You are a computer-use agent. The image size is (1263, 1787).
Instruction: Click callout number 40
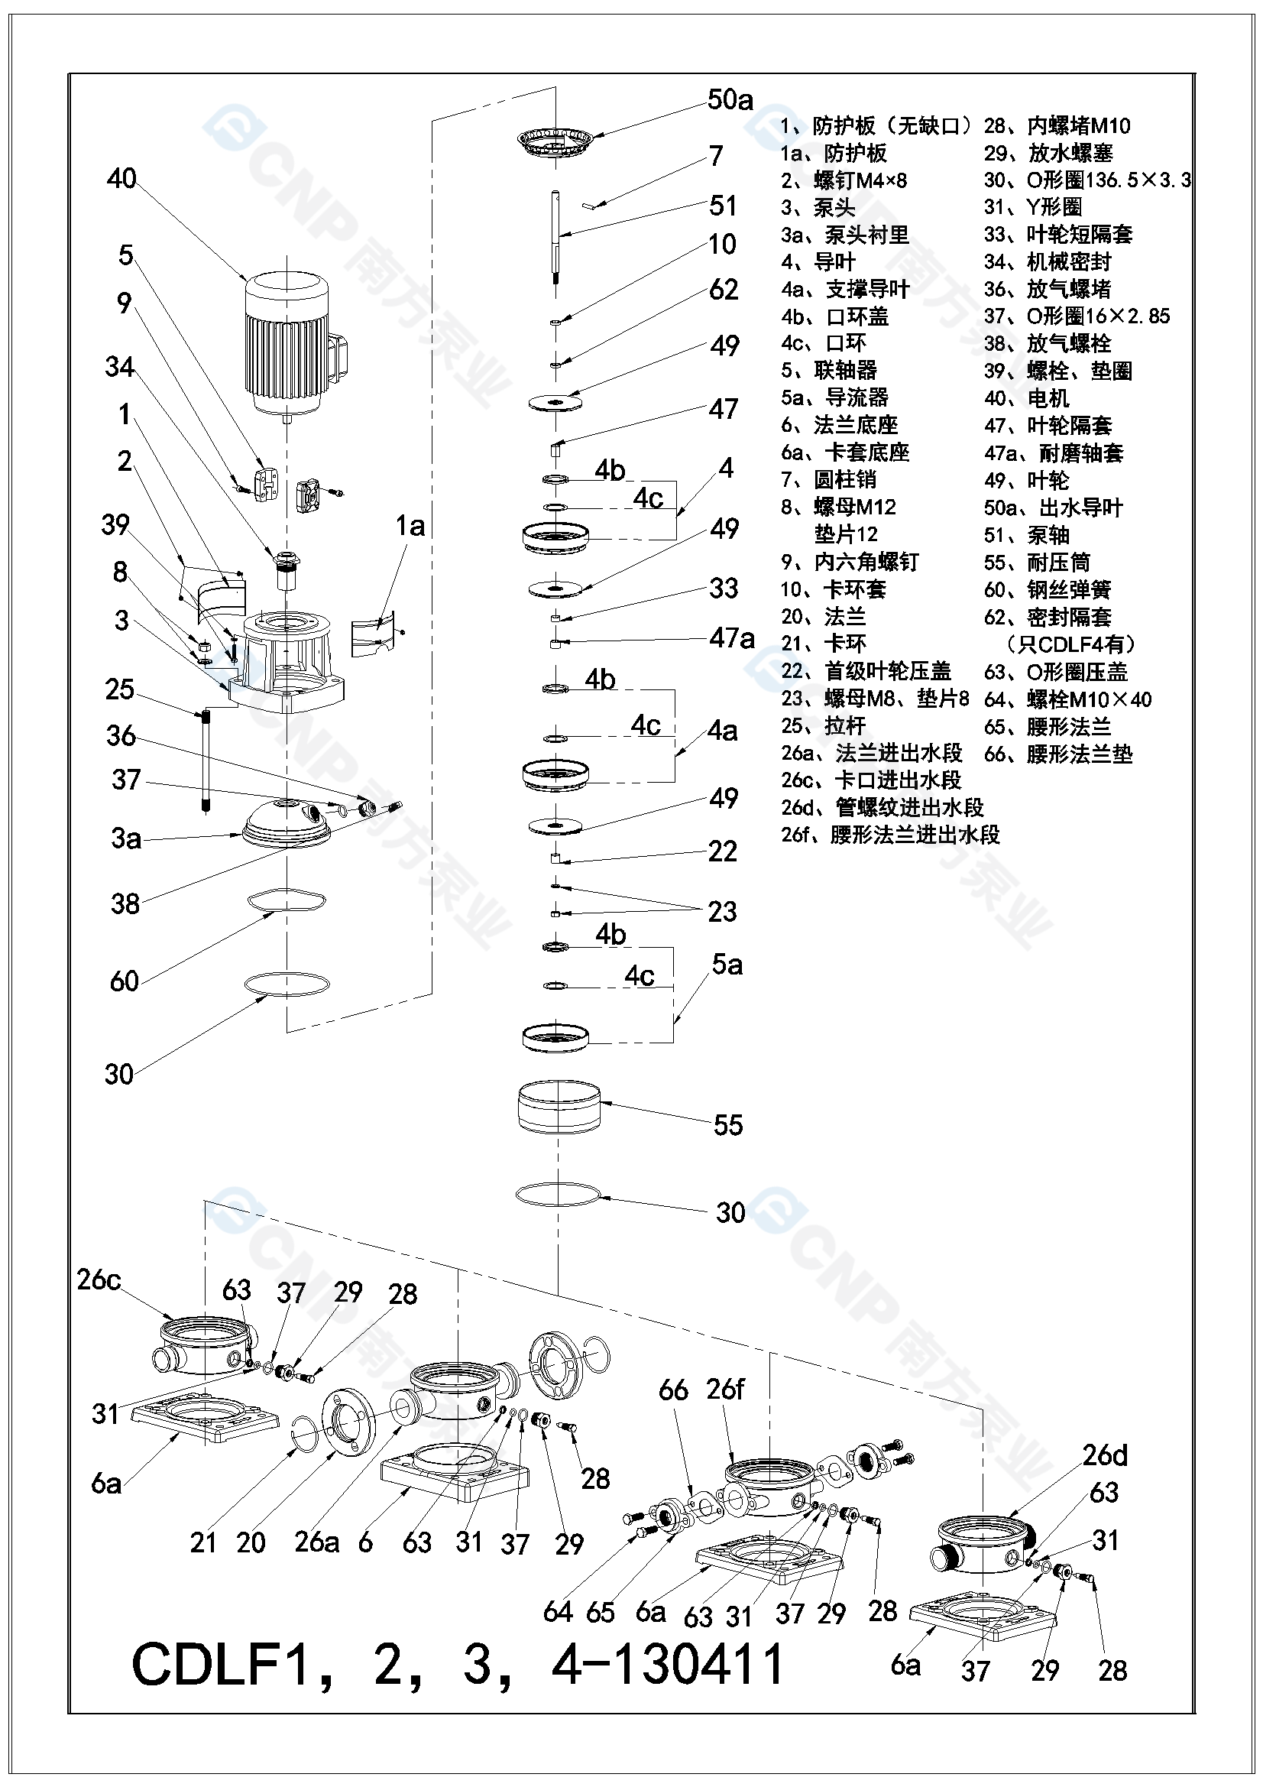121,179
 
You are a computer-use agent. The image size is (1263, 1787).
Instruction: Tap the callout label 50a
730,99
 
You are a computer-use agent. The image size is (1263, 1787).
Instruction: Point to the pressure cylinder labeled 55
559,1107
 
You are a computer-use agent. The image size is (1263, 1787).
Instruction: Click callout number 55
728,1124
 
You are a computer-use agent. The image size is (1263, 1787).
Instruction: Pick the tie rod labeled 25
206,759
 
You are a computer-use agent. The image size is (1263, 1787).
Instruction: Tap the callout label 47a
731,638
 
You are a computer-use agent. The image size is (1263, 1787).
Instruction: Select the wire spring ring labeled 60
287,900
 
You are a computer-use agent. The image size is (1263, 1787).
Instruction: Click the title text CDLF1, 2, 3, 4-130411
458,1665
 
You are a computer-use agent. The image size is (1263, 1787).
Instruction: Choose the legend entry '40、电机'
1026,398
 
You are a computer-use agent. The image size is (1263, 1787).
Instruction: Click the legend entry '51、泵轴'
1026,536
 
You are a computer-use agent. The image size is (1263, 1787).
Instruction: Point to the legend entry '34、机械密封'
1048,262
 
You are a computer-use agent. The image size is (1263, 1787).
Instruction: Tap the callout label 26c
99,1279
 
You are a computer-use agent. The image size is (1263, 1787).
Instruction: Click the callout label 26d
1104,1455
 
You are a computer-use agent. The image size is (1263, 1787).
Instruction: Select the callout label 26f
724,1390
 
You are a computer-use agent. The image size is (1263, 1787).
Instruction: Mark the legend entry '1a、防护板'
834,154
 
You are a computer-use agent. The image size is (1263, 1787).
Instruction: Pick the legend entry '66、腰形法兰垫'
1058,754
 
